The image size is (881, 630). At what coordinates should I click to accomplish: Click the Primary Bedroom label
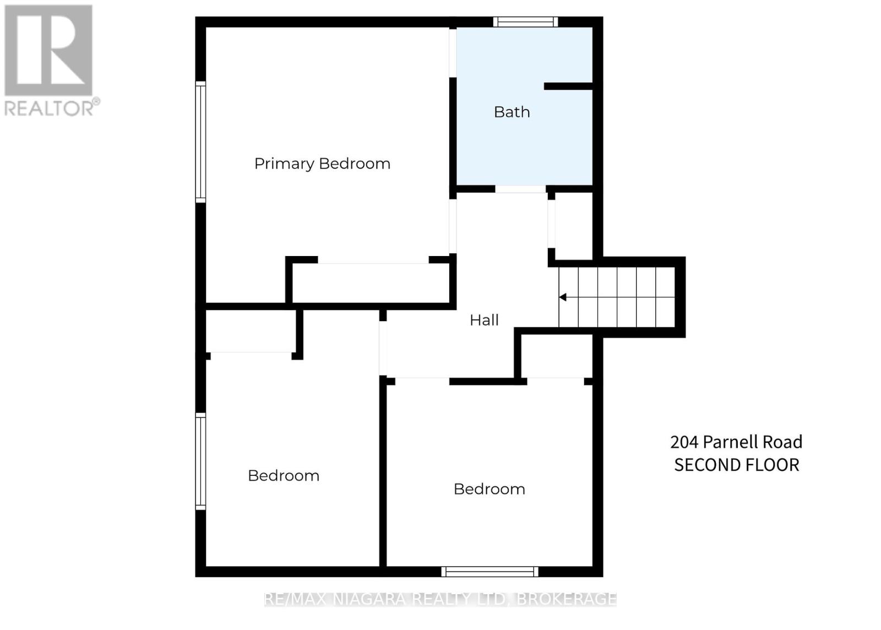click(322, 164)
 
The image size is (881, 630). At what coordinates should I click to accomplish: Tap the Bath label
click(512, 112)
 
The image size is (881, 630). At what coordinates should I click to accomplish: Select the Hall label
click(484, 320)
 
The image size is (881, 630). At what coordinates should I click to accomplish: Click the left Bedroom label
click(284, 476)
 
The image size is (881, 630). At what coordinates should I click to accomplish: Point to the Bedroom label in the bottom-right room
click(489, 489)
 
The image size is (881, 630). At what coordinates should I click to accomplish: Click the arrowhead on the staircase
click(563, 297)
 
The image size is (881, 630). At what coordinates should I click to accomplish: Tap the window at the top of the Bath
click(525, 22)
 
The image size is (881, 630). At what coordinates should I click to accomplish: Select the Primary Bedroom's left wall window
click(200, 142)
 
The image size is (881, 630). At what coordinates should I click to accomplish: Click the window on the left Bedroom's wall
click(200, 460)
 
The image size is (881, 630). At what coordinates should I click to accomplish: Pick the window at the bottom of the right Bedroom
click(490, 572)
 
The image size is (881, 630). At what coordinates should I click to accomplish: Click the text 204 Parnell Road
click(736, 442)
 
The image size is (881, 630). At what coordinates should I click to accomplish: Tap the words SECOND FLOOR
click(736, 465)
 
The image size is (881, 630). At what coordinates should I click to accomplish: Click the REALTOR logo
click(50, 61)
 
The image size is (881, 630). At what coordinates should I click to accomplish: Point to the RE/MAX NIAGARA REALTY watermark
click(440, 599)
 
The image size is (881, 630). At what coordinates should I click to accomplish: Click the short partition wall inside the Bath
click(568, 86)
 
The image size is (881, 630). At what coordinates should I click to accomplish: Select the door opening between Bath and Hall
click(520, 189)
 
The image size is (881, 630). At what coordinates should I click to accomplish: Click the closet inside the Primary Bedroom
click(372, 283)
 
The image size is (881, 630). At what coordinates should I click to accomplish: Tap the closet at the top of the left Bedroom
click(251, 330)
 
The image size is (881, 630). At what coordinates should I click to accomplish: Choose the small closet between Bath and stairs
click(574, 226)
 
